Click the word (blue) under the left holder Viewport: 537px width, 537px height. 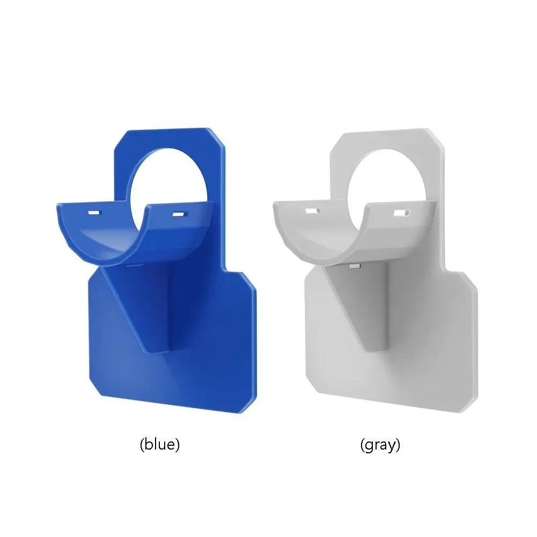(x=159, y=445)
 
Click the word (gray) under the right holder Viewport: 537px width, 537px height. (x=380, y=445)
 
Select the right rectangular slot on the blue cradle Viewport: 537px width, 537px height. (x=178, y=215)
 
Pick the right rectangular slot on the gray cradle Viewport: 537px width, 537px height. (x=399, y=213)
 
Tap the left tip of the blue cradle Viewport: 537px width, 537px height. (x=59, y=205)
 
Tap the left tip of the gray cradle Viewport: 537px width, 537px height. (x=276, y=204)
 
